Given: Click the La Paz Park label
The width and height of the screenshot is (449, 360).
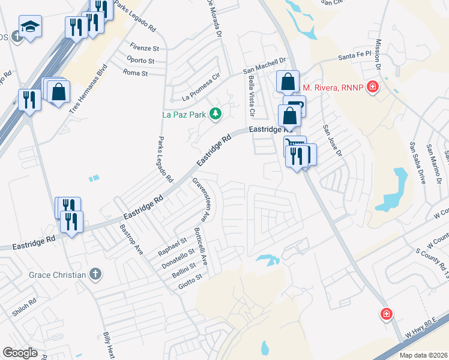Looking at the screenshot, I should pos(184,114).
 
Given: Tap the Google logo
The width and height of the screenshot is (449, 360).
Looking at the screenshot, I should pos(20,353).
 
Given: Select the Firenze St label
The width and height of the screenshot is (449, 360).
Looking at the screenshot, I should pos(145,47).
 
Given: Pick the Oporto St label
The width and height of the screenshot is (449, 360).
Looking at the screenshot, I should pos(141,60).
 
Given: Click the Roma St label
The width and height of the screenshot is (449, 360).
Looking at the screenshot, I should pos(136,73).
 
